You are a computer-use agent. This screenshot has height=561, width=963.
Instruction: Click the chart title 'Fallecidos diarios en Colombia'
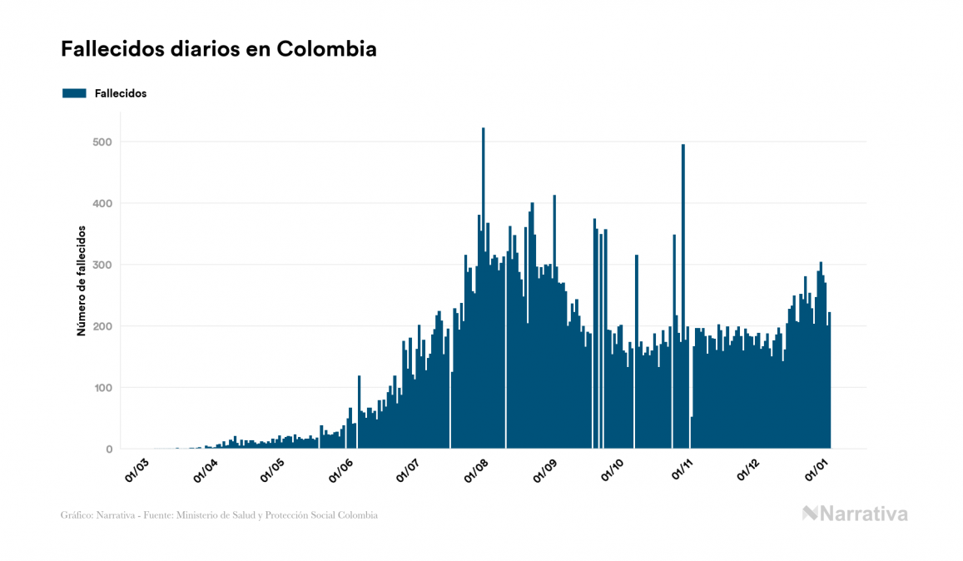point(218,49)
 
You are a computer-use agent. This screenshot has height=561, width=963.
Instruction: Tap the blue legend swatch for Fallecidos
point(74,93)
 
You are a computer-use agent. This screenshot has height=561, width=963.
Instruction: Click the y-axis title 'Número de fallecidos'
point(82,280)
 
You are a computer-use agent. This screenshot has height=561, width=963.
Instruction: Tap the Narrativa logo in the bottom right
point(855,514)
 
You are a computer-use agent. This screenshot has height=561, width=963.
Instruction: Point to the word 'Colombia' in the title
point(326,49)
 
